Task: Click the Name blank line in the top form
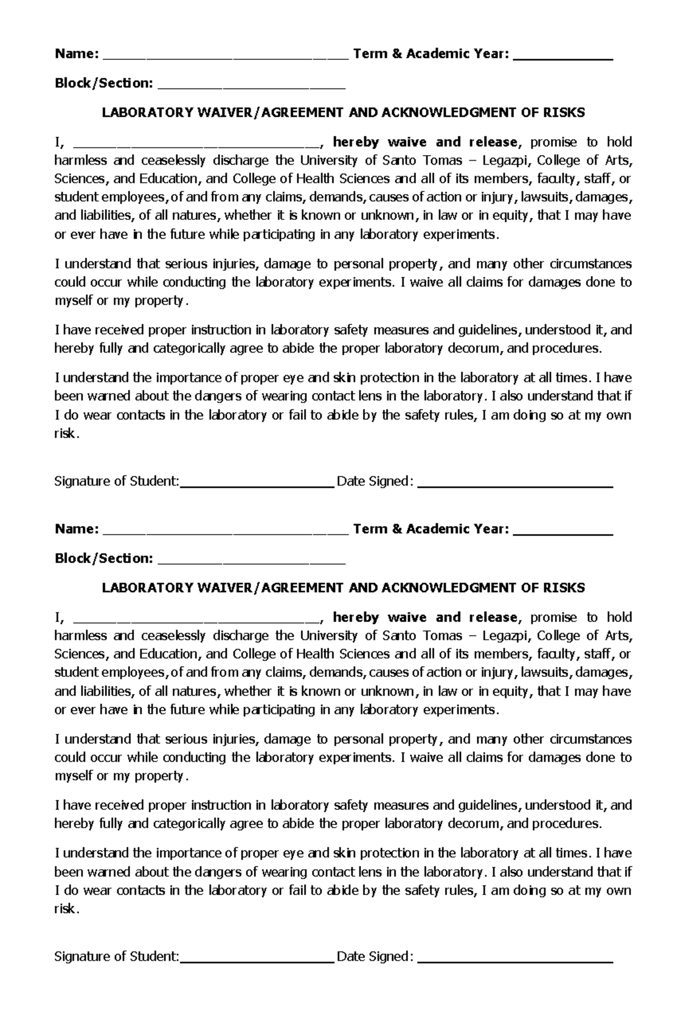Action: coord(226,56)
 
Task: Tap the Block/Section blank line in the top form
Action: coord(252,86)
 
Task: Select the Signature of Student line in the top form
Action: coord(257,484)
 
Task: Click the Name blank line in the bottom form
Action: coord(226,531)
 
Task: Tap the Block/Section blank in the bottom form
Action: coord(252,561)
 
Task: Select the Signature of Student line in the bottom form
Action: coord(257,959)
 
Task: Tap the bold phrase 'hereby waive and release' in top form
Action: coord(424,142)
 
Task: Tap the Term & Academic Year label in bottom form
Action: coord(430,529)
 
